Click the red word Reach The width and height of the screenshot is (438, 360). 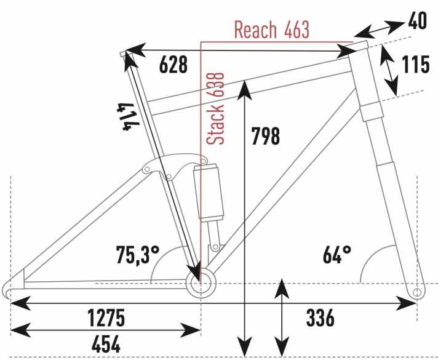(255, 30)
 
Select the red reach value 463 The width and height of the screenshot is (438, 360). (297, 30)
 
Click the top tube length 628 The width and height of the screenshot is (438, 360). (173, 65)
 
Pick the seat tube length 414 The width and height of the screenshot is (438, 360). (128, 116)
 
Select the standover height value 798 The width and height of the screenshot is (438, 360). (266, 136)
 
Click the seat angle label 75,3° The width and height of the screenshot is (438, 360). (138, 255)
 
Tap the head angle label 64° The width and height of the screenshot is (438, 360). (337, 255)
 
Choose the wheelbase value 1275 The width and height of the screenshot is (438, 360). (106, 318)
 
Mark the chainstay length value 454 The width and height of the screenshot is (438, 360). (106, 344)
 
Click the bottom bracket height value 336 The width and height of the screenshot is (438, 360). (320, 318)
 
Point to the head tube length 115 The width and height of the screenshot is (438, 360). (415, 65)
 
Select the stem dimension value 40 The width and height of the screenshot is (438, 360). (418, 21)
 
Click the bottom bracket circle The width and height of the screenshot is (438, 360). (201, 283)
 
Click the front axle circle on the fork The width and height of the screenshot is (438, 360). (416, 292)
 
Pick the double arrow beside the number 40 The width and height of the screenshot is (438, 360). (379, 29)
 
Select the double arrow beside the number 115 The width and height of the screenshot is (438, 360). (389, 70)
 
